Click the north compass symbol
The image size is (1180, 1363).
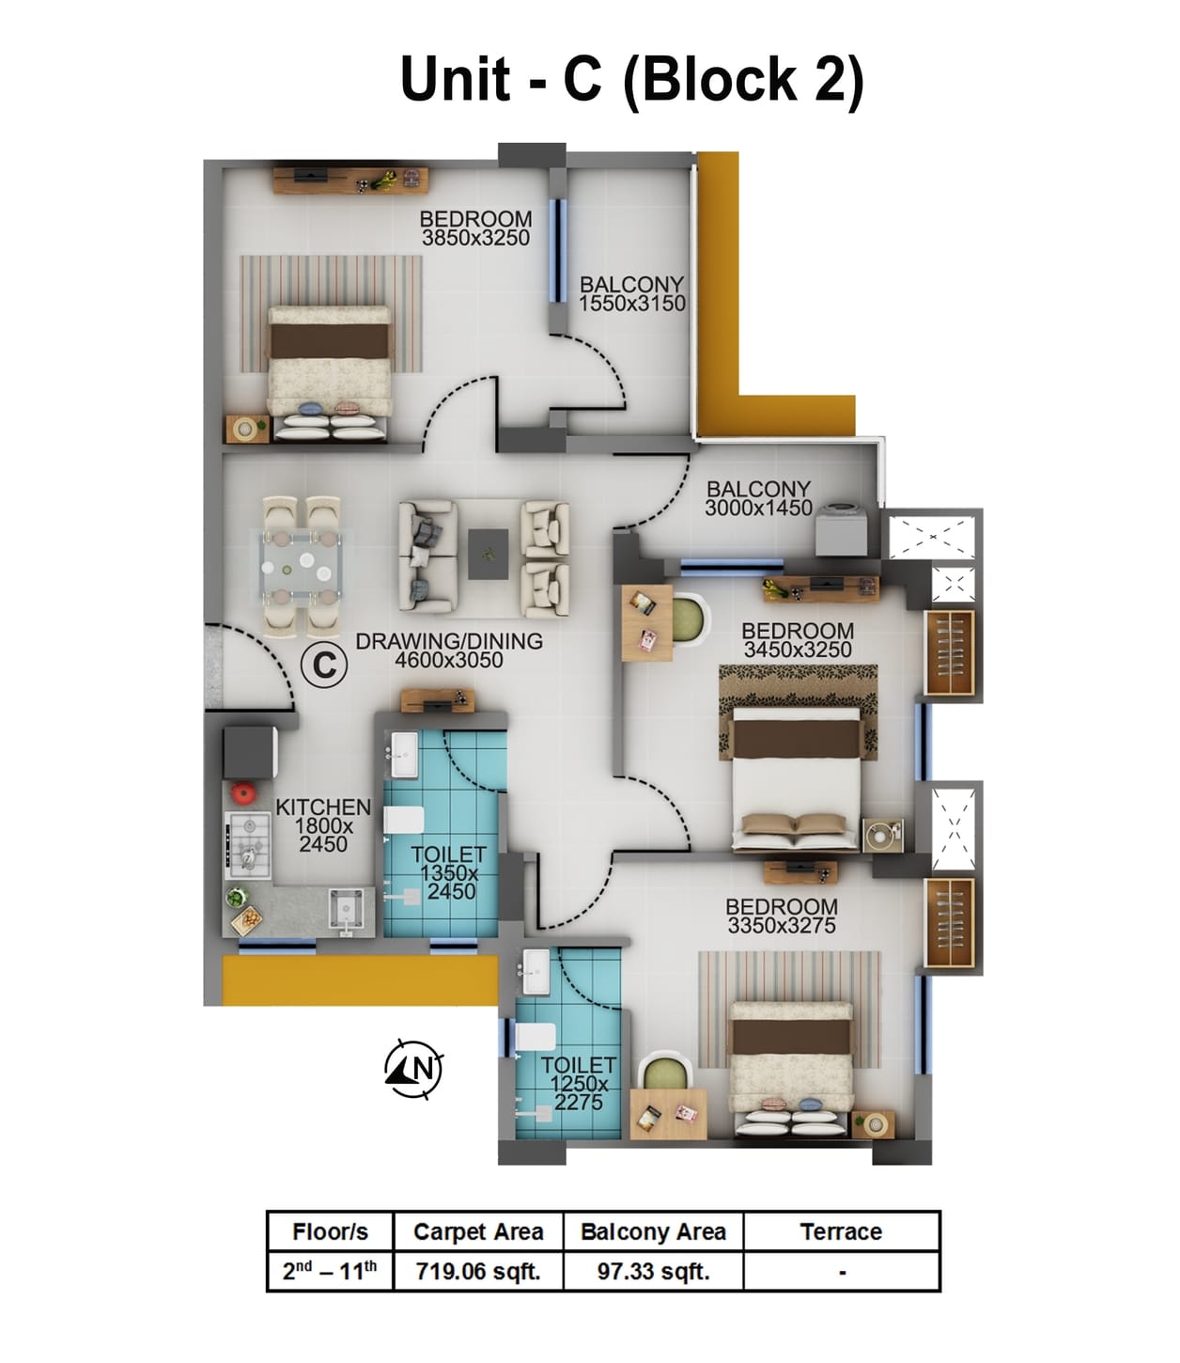click(413, 1069)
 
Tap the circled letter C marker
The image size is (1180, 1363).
click(324, 666)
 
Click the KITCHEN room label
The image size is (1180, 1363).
click(323, 807)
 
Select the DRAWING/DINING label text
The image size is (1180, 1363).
click(449, 641)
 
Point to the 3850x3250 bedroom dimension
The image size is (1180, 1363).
click(475, 239)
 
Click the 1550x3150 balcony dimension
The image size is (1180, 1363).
click(631, 304)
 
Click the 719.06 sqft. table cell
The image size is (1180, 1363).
click(478, 1272)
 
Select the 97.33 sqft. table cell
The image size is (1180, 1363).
click(653, 1272)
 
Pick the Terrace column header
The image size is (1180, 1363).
click(841, 1232)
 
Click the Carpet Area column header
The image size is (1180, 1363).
click(478, 1232)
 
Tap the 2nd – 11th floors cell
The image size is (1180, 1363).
click(330, 1272)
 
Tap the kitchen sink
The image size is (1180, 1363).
click(345, 909)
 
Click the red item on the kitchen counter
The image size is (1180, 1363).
click(244, 792)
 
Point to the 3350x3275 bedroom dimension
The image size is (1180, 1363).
click(781, 926)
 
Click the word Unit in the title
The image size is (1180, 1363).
click(456, 79)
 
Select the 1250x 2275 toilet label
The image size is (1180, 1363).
click(579, 1092)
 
